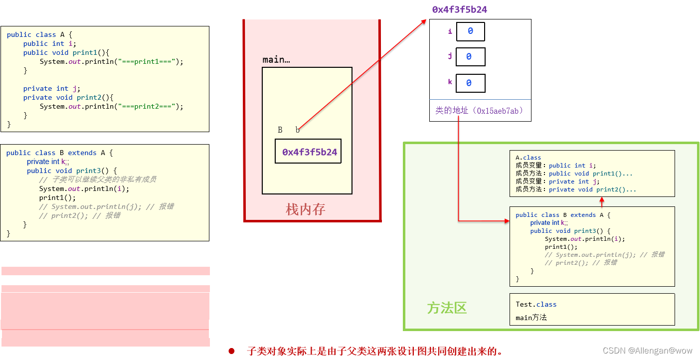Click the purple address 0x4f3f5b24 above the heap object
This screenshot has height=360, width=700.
point(459,9)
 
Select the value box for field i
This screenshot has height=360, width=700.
point(470,31)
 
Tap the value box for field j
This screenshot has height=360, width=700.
point(470,57)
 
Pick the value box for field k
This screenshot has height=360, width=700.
point(470,83)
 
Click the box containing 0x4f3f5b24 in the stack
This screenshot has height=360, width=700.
point(308,152)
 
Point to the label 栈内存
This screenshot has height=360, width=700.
point(305,209)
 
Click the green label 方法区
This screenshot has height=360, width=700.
point(447,308)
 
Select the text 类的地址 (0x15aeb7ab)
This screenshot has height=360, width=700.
point(480,111)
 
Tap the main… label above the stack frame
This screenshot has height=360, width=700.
point(276,60)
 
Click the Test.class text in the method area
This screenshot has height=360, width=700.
point(536,304)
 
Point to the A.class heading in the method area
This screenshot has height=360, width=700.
point(528,158)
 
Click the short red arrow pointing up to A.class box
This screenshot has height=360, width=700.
point(602,201)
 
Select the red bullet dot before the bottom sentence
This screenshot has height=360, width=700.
point(231,351)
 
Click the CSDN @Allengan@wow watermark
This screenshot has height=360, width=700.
point(647,351)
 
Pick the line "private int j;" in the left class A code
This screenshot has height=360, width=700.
point(52,88)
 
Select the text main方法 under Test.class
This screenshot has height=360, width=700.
point(531,318)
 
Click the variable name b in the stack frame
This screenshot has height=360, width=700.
point(298,130)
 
